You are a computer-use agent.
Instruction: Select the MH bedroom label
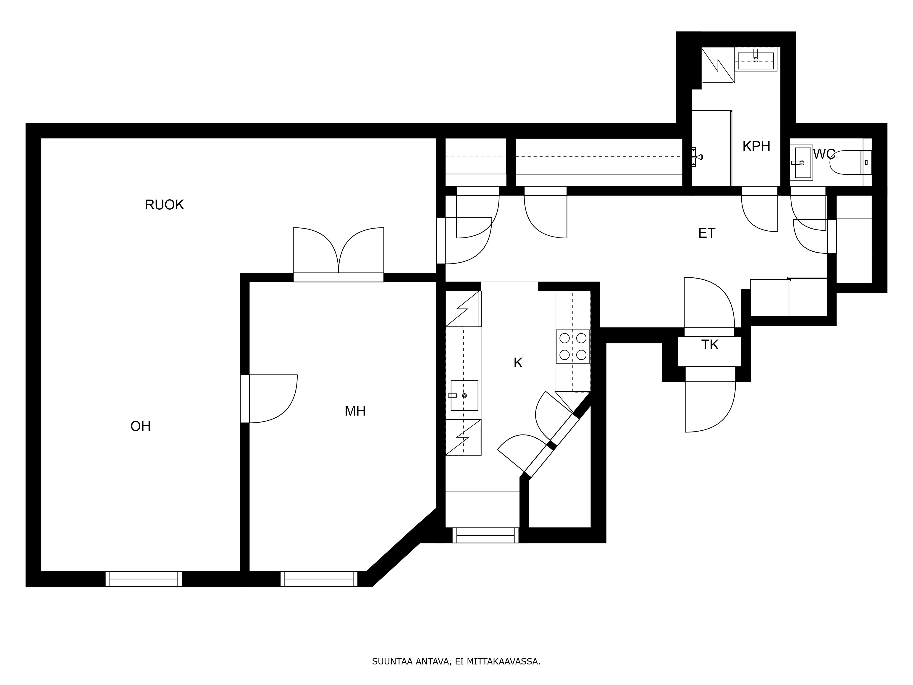click(x=355, y=411)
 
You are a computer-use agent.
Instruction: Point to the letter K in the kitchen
click(x=518, y=363)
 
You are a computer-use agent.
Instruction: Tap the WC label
click(x=824, y=154)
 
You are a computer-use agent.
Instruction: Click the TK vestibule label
click(x=709, y=345)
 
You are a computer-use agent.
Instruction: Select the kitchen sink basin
click(x=464, y=395)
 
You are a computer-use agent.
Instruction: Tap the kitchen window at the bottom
click(x=485, y=535)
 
